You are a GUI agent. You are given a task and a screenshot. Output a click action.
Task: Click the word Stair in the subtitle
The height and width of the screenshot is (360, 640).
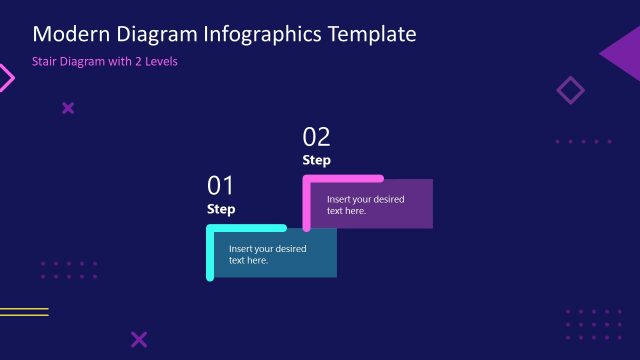pyautogui.click(x=47, y=61)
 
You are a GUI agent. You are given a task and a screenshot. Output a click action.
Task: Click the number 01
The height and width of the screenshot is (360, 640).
pyautogui.click(x=220, y=185)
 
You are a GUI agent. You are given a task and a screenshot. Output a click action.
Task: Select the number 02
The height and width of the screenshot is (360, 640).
pyautogui.click(x=316, y=137)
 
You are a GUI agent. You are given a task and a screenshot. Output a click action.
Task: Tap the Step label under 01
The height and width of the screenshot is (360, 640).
pyautogui.click(x=221, y=209)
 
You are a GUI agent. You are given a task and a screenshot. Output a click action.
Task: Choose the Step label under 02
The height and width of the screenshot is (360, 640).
pyautogui.click(x=316, y=160)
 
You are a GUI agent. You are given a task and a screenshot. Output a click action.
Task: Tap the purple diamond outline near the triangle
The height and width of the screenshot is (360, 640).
pyautogui.click(x=570, y=91)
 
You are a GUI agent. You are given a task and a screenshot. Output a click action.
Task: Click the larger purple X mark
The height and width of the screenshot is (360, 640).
pyautogui.click(x=139, y=340)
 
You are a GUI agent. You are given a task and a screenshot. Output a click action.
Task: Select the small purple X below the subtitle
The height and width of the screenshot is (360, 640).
pyautogui.click(x=68, y=108)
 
